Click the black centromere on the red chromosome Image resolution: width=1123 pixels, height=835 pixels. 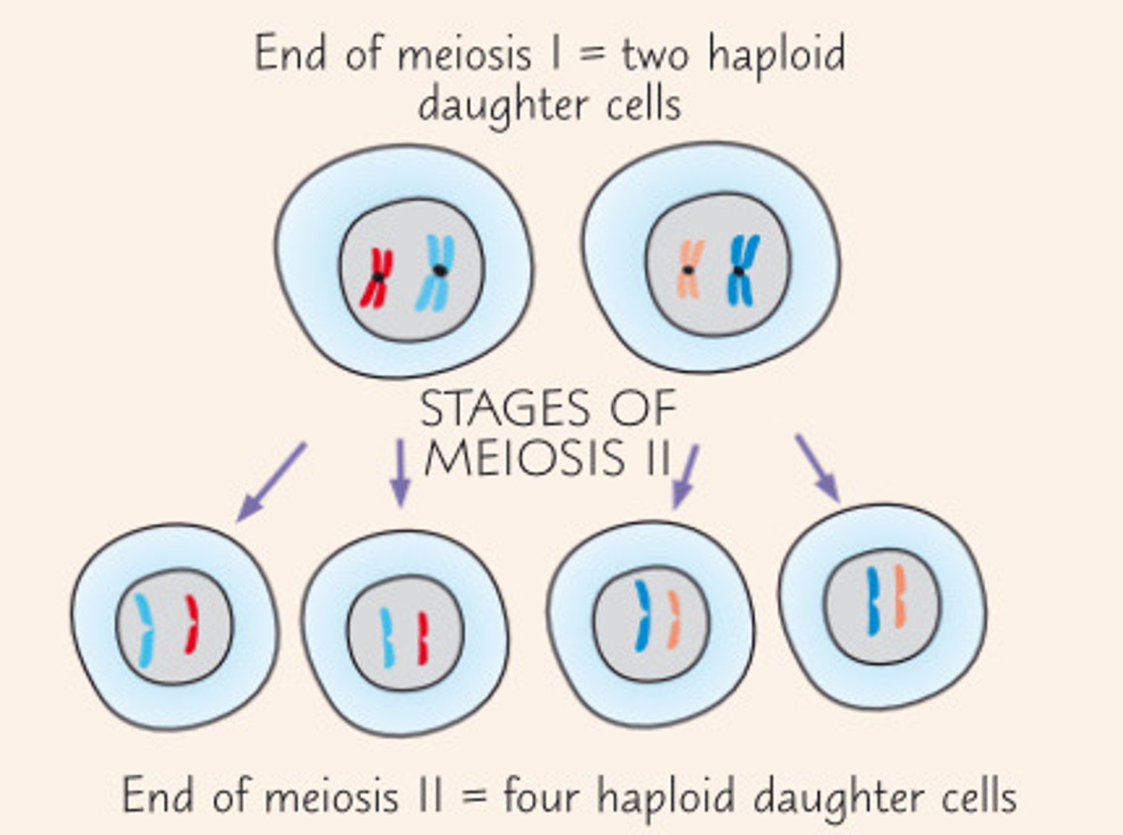(378, 277)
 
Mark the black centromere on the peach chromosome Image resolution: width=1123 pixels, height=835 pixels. (688, 271)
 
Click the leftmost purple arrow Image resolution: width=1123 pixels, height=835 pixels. (271, 481)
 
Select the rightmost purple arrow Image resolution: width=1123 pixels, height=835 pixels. (817, 468)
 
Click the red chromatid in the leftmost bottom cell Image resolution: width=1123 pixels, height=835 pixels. (191, 624)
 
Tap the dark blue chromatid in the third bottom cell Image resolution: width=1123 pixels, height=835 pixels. (642, 616)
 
